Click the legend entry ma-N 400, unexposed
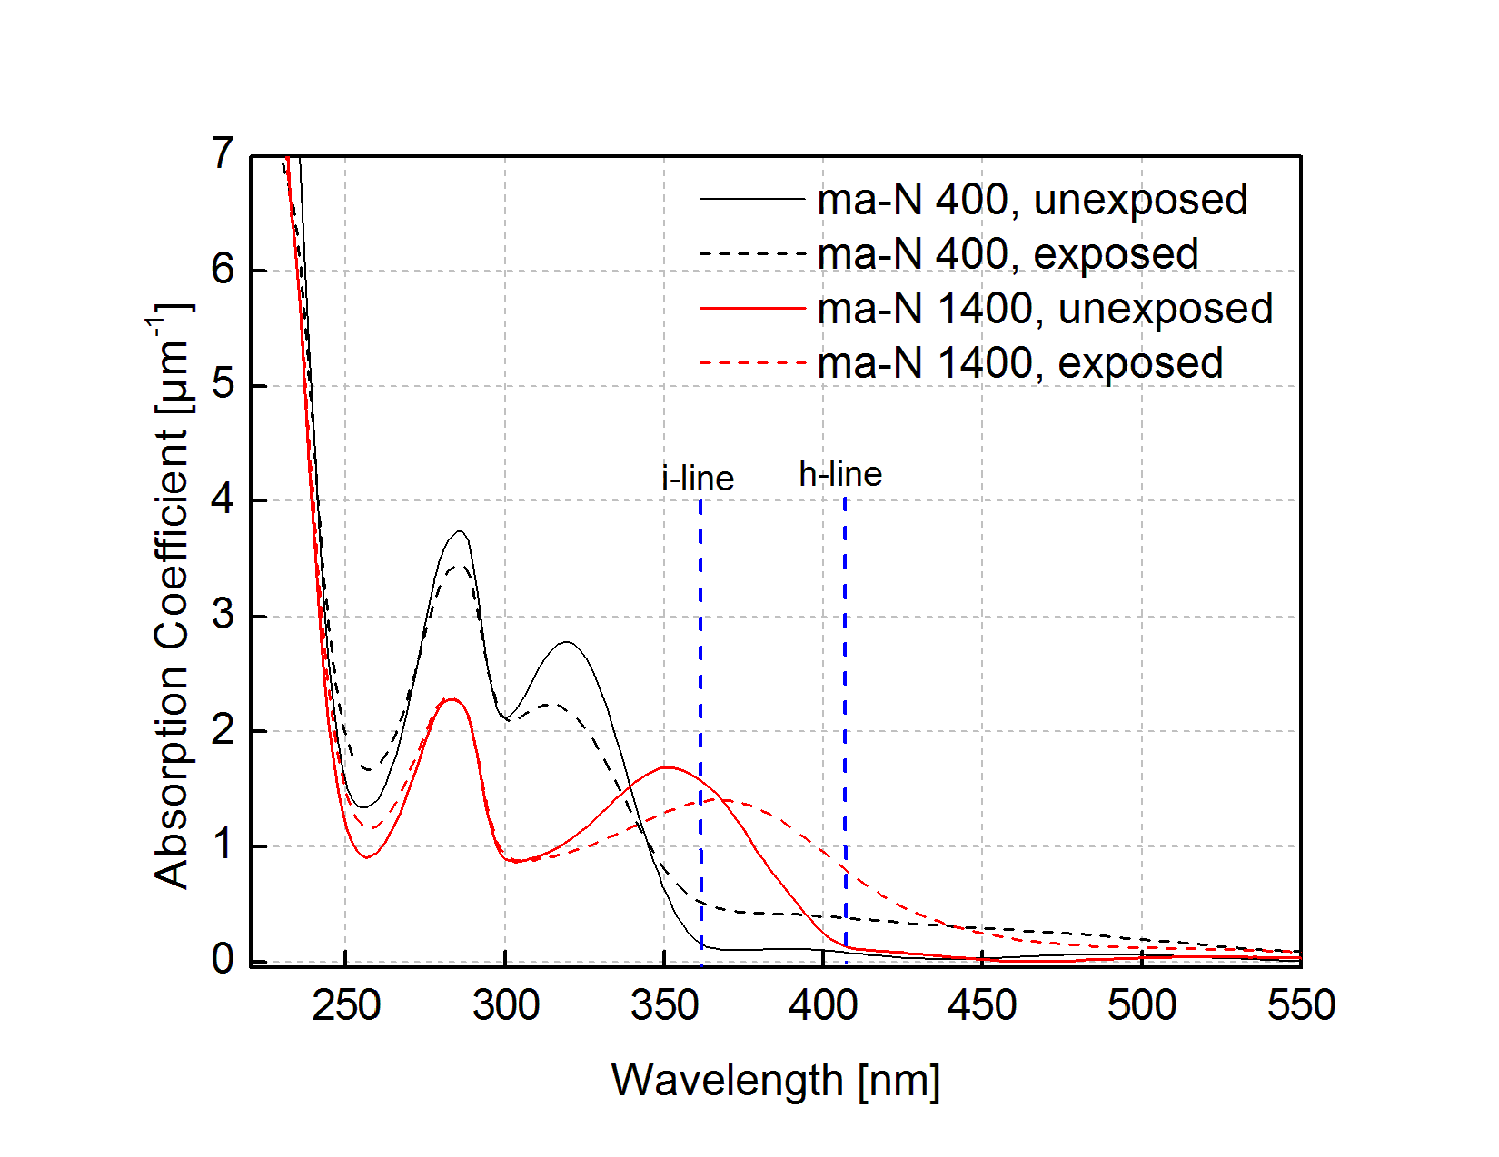coord(1032,200)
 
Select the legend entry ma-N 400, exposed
coord(1008,254)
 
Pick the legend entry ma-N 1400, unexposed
coord(1045,309)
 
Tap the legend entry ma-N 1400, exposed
coord(1019,363)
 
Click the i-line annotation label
coord(698,479)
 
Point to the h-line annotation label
coord(840,474)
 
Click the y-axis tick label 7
coord(223,154)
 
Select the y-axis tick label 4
coord(223,500)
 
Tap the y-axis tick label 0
coord(223,960)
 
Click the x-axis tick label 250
coord(346,1006)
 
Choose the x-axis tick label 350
coord(665,1006)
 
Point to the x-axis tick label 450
coord(982,1006)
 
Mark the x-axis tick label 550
coord(1301,1006)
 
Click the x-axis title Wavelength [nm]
coord(775,1081)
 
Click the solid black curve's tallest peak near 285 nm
coord(461,531)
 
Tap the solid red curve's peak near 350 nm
coord(668,767)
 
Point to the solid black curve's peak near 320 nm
coord(568,642)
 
